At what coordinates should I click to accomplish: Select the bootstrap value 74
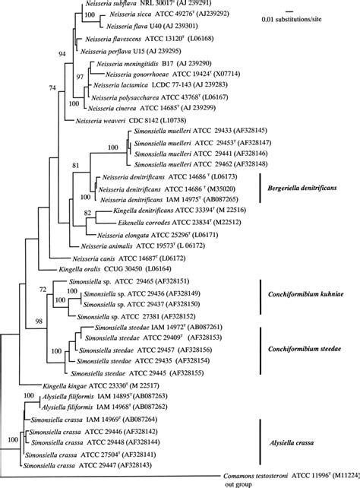click(x=52, y=89)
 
